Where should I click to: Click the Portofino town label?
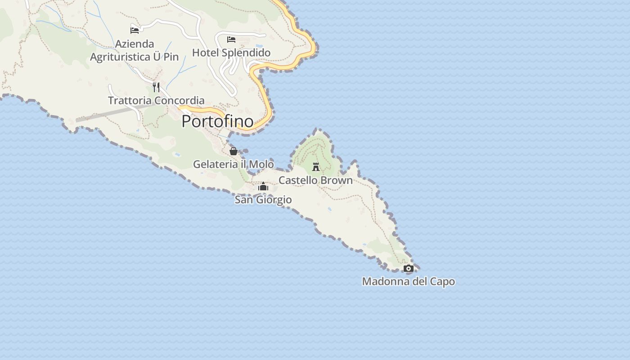point(217,121)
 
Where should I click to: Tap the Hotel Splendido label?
point(231,53)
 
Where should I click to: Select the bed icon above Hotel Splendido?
point(231,40)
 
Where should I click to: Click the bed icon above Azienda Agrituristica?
point(135,30)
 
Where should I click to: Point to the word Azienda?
point(135,44)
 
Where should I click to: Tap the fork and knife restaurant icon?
point(156,87)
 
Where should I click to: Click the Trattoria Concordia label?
point(156,100)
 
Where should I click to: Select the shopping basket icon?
point(233,151)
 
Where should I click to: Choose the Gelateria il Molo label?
point(233,164)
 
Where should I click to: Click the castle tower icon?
point(316,167)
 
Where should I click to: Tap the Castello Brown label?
point(315,180)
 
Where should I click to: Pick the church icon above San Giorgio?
point(263,186)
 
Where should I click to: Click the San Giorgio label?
point(263,200)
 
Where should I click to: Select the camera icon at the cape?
point(408,269)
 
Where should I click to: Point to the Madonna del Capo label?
point(408,282)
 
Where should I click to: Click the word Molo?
point(261,164)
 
